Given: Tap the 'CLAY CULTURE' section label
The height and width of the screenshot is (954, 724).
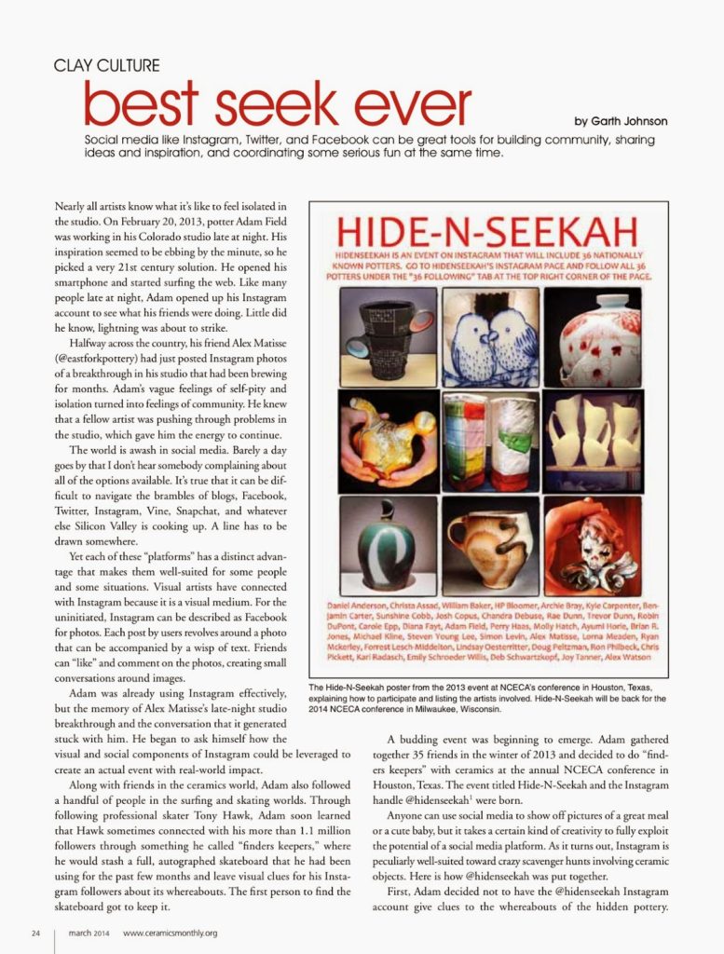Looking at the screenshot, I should coord(106,65).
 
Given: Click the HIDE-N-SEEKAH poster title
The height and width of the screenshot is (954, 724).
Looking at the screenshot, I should coord(488,230).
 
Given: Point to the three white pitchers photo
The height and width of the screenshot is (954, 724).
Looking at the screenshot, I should coord(593,440).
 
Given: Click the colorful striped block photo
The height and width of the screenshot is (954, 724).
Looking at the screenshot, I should coord(490,440).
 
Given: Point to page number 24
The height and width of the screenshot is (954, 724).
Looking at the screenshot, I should coord(35,932).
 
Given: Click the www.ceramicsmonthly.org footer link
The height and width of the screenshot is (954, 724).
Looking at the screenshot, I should coord(170,932).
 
